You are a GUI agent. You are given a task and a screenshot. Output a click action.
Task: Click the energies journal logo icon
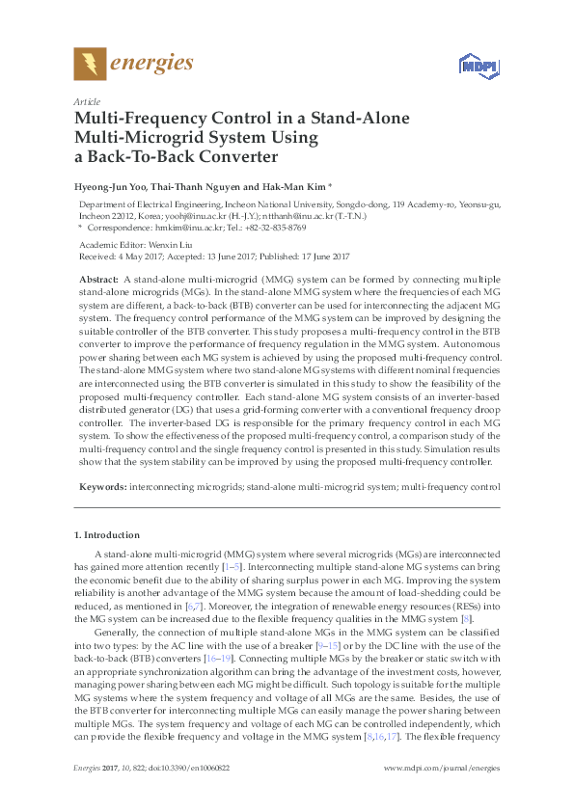[91, 65]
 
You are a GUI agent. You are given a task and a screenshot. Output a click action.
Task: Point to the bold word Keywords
[99, 488]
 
